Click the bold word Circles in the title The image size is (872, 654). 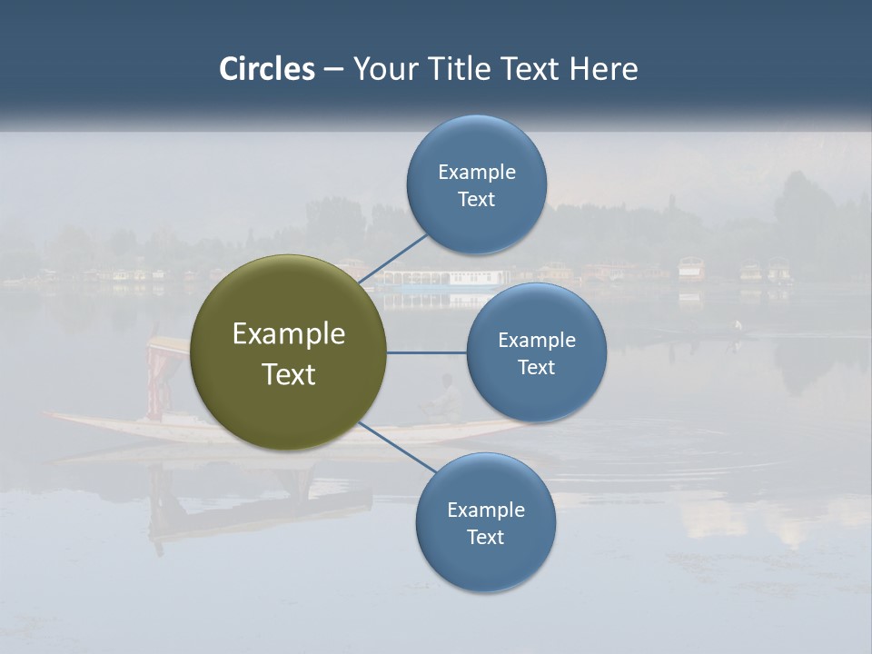tap(266, 69)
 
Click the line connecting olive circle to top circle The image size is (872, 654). tap(392, 258)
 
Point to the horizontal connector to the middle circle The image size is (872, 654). tap(426, 352)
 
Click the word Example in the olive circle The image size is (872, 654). tap(288, 334)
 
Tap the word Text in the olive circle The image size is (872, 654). tap(288, 374)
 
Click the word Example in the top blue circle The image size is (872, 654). tap(476, 173)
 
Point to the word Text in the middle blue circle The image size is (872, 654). tap(536, 368)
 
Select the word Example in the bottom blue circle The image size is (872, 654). tap(485, 510)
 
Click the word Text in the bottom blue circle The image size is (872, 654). tap(485, 538)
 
